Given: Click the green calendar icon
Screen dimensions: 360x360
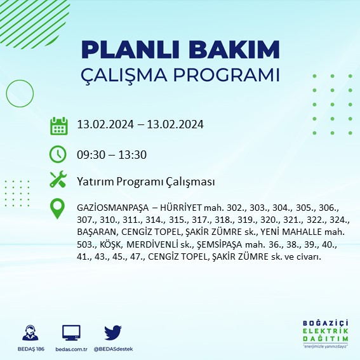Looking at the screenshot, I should click(58, 125).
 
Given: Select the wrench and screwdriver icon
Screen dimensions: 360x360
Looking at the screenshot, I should click(58, 180).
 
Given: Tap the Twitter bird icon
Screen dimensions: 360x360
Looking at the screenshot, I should click(112, 331).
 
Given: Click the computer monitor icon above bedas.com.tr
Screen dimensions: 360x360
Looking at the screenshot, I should click(70, 332).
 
